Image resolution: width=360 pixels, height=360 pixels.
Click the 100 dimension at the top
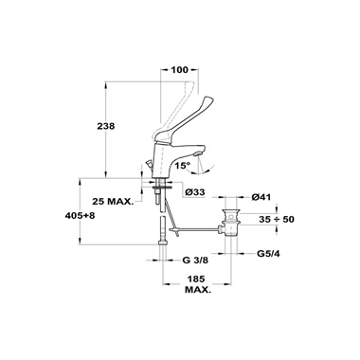click(x=179, y=70)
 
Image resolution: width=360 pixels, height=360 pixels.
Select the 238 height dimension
click(x=106, y=126)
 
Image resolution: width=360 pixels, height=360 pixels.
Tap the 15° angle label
click(x=184, y=165)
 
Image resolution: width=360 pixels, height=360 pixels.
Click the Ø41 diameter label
click(x=261, y=197)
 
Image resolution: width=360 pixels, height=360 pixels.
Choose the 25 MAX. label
click(x=113, y=201)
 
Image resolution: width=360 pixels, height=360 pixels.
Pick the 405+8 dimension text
click(x=80, y=216)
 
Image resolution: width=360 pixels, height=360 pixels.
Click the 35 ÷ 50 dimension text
click(x=277, y=219)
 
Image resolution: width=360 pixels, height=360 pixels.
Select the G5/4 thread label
click(x=268, y=253)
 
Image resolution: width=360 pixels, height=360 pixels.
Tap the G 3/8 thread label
click(x=195, y=261)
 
